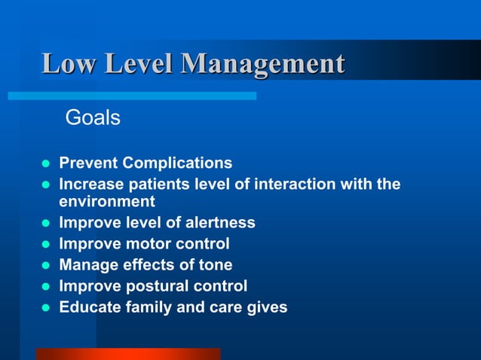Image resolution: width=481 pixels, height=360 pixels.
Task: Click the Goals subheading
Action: pos(93,118)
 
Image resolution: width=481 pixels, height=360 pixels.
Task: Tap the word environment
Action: pos(106,202)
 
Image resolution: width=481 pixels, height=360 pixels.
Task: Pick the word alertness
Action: pos(219,223)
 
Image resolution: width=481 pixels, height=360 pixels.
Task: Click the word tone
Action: pos(215,265)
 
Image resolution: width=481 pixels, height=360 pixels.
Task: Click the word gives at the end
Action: pos(267,307)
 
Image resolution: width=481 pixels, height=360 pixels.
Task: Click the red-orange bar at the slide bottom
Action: pos(128,353)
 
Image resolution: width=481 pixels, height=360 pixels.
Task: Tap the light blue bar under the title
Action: pos(132,96)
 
